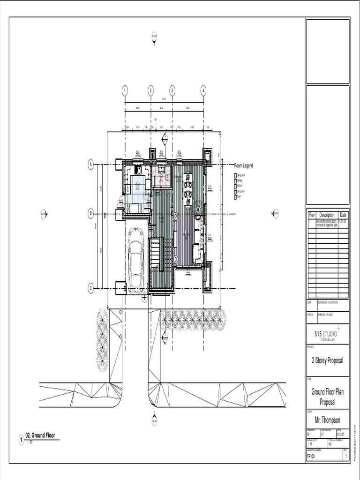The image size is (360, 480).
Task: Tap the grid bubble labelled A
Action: point(91,164)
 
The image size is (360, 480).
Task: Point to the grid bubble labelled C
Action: point(91,289)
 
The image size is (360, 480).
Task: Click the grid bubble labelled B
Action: point(91,214)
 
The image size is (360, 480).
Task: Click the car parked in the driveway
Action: point(137,261)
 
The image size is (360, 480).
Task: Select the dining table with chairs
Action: point(188,188)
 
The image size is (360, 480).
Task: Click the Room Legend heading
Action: point(244,165)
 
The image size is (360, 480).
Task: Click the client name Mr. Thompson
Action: point(327,420)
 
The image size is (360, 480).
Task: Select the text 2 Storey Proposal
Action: point(327,360)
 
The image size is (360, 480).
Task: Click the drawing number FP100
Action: point(311,456)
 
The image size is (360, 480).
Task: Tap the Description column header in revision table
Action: point(327,215)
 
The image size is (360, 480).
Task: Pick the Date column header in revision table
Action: point(344,215)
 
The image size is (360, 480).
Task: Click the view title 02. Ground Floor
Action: point(40,435)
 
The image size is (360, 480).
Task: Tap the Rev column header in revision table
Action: point(311,215)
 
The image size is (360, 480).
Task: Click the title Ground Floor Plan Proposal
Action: point(327,397)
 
